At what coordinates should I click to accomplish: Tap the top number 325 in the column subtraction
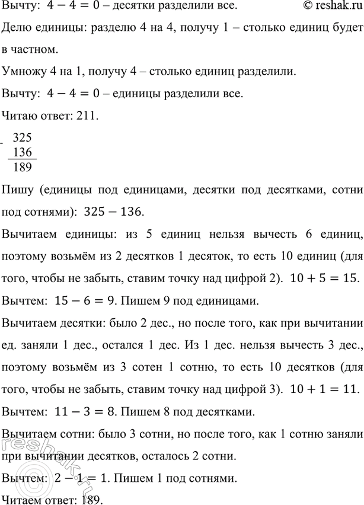22,138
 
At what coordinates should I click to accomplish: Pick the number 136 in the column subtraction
22,153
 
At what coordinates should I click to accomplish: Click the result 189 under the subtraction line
22,167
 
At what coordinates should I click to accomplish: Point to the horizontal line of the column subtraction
22,159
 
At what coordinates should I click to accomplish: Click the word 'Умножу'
22,72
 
